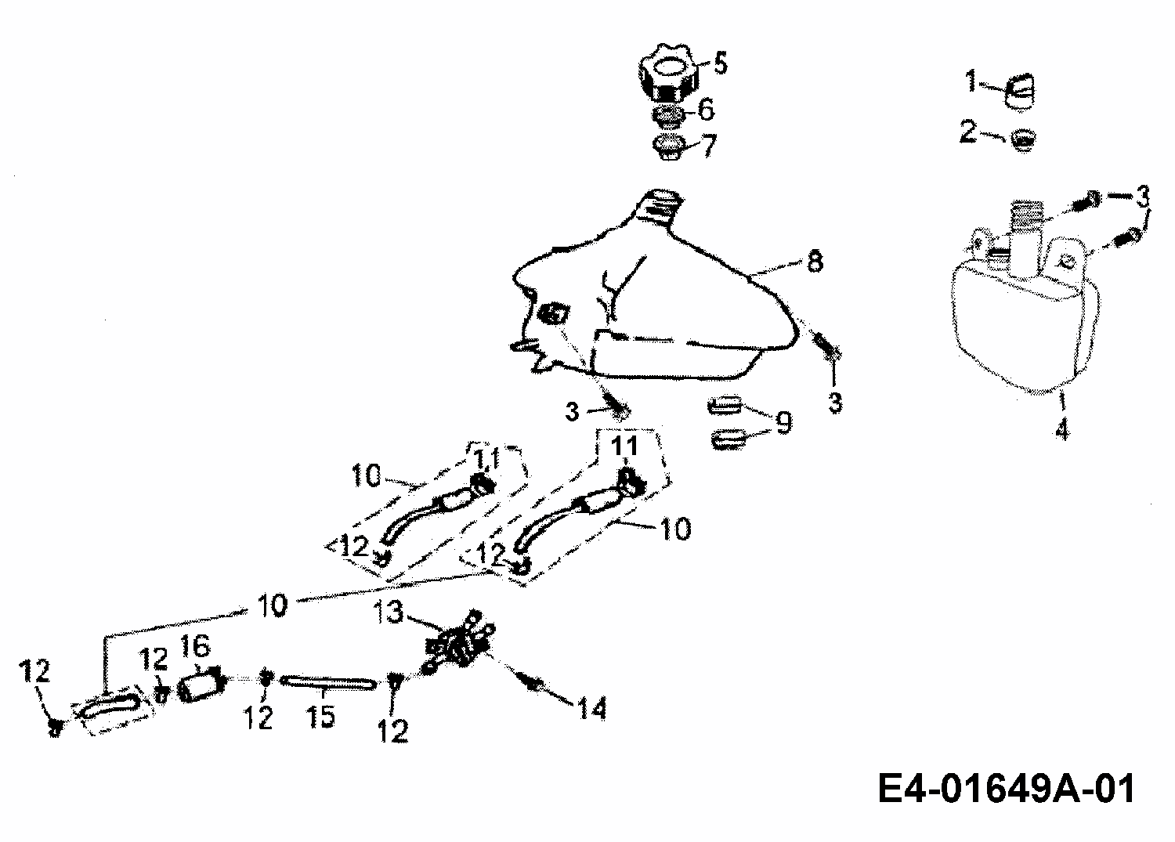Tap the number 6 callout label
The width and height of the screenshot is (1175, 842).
[706, 111]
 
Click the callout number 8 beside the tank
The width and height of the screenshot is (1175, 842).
[815, 262]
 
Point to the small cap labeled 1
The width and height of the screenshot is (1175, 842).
[1019, 89]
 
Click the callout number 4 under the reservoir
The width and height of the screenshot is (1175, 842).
[1061, 430]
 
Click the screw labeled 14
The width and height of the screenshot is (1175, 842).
[536, 685]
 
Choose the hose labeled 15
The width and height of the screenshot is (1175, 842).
[323, 683]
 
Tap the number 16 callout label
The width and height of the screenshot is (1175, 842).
[196, 646]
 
